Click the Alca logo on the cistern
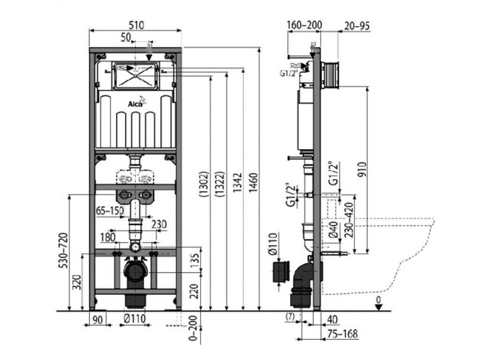pyautogui.click(x=136, y=102)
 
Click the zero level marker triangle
pyautogui.click(x=379, y=307)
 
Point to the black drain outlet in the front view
pyautogui.click(x=135, y=272)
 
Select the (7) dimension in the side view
pyautogui.click(x=290, y=316)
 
